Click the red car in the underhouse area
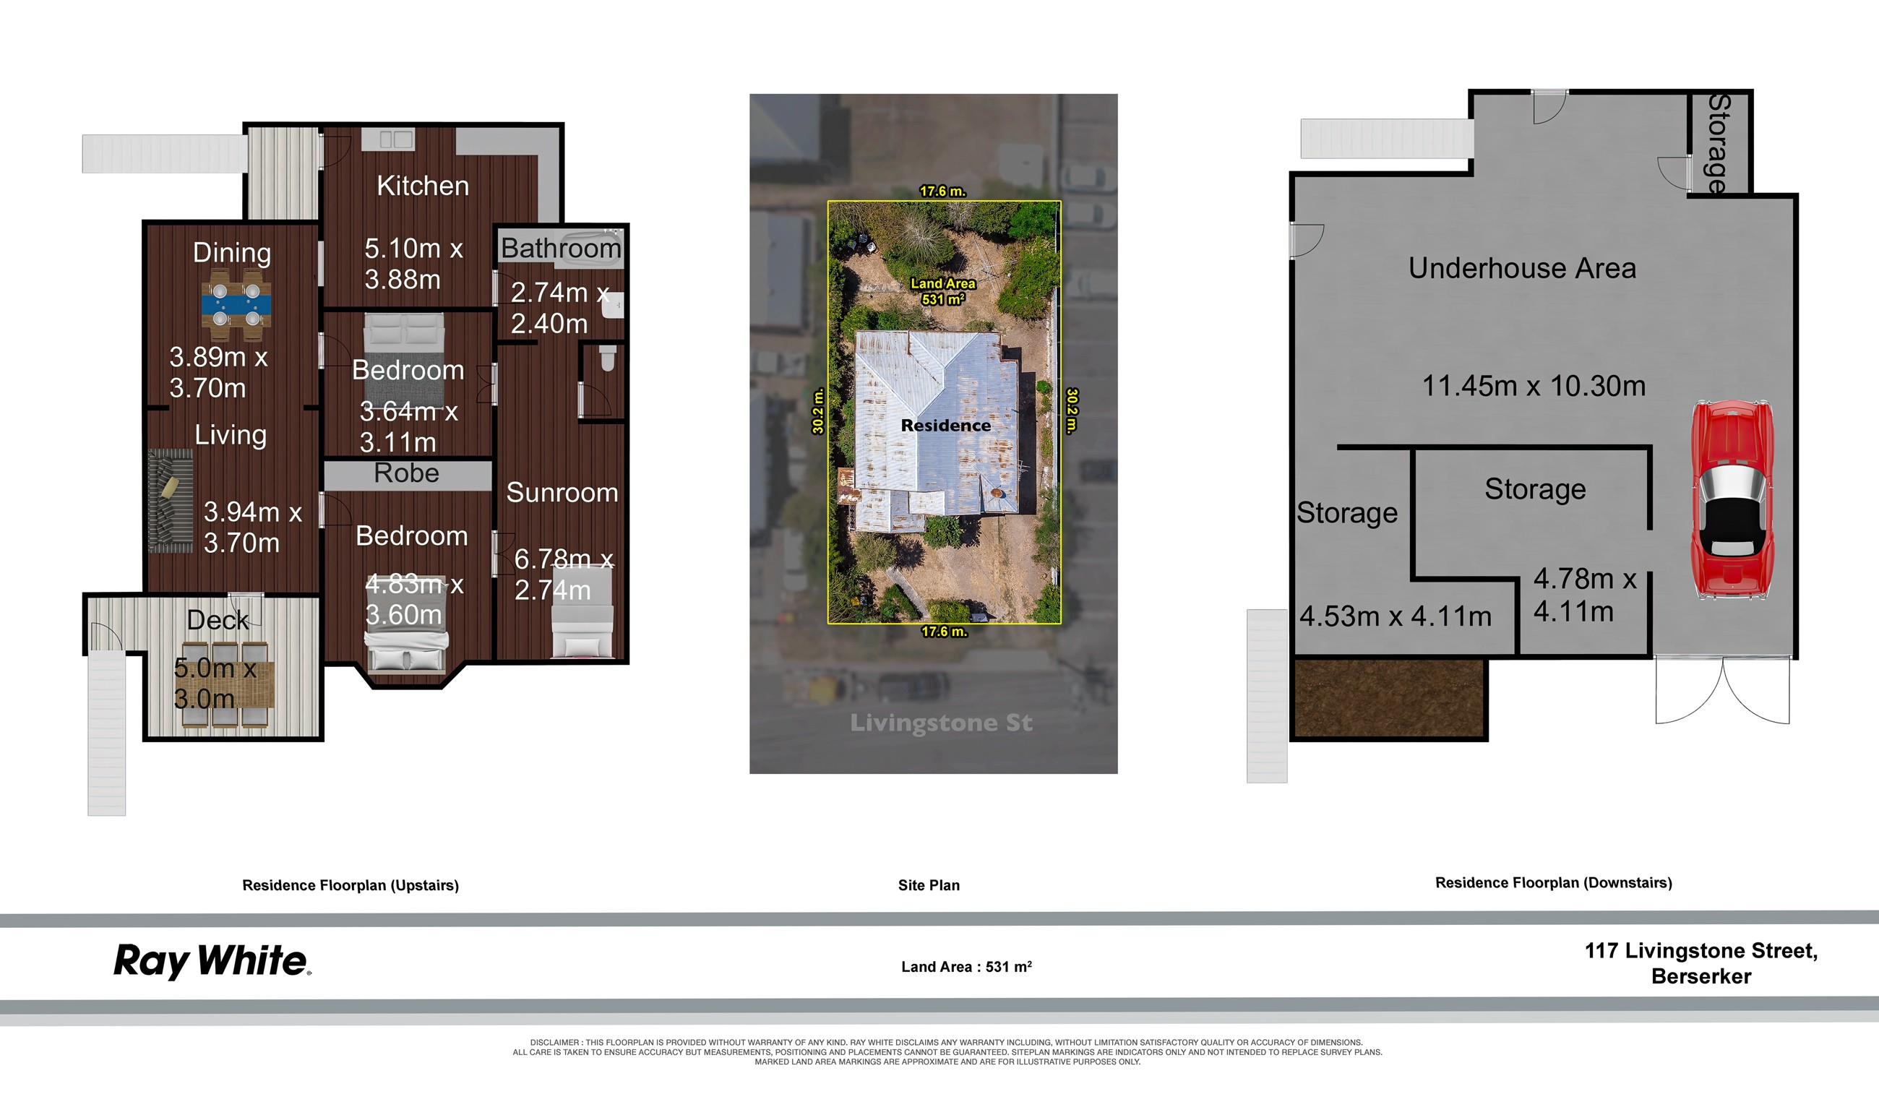click(1732, 499)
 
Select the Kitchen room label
click(423, 186)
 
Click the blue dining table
click(236, 305)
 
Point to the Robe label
click(406, 473)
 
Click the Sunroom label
click(562, 493)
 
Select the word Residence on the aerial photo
click(945, 426)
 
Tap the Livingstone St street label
click(941, 722)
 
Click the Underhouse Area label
click(1522, 268)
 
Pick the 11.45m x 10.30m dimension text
click(1533, 386)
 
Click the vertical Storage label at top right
click(1718, 143)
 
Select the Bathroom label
click(561, 249)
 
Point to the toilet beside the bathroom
click(608, 358)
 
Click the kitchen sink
click(396, 139)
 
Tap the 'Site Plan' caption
click(929, 885)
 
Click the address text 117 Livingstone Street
click(1700, 951)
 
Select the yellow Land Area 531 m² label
click(942, 291)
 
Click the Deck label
click(217, 620)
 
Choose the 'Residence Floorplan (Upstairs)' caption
click(351, 885)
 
